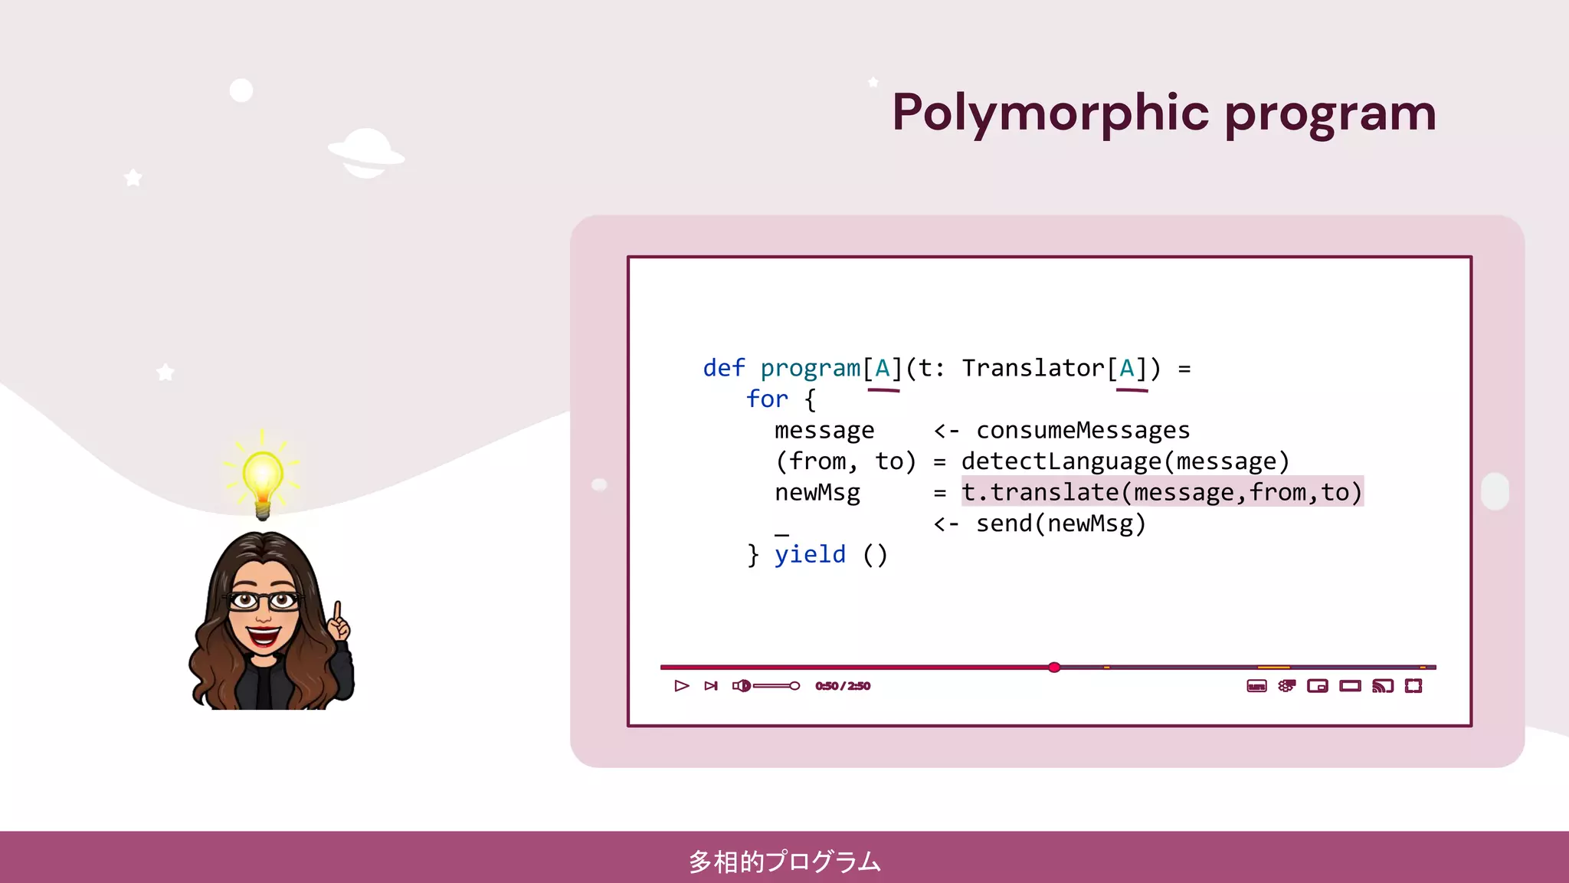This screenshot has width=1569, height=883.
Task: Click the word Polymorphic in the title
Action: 1050,113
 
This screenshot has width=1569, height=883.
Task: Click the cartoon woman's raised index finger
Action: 336,613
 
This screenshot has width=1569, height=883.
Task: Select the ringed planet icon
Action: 366,153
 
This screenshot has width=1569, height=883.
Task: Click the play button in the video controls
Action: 681,686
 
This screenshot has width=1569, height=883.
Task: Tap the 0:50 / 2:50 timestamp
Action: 842,686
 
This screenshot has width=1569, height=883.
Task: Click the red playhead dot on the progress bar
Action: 1054,668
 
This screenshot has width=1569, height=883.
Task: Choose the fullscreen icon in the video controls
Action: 1413,686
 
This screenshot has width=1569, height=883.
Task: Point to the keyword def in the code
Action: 723,369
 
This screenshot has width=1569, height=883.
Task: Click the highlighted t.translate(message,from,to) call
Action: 1161,492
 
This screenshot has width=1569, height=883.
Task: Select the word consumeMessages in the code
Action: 1083,430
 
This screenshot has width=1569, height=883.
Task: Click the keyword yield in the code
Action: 810,554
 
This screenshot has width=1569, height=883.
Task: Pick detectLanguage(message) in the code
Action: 1125,461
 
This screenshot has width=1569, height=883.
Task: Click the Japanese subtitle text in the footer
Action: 784,862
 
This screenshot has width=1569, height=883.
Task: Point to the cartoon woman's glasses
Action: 263,600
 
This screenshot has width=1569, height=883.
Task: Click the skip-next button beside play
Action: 711,686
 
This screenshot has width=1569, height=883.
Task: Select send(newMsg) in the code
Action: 1060,524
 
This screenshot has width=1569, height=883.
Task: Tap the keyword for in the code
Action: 767,399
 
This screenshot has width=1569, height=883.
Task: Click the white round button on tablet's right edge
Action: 1495,491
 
